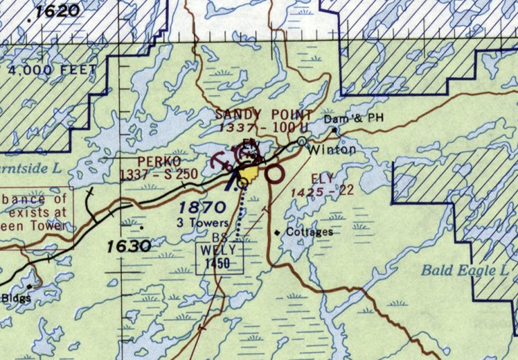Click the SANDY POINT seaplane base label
pos(264,115)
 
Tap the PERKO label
pos(158,162)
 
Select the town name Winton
pos(332,150)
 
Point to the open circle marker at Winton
pos(302,141)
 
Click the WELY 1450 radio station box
pos(219,258)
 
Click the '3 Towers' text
pos(199,222)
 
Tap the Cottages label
pos(309,232)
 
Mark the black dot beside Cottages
pos(277,233)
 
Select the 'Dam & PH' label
pos(354,119)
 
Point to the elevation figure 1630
pos(128,247)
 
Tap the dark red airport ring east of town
pos(273,175)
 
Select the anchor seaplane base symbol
pos(220,162)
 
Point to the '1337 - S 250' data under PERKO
pos(159,174)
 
